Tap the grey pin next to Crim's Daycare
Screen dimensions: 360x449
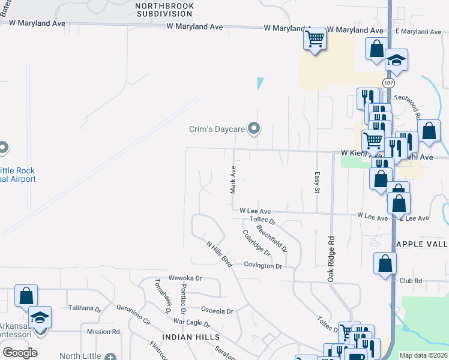255,128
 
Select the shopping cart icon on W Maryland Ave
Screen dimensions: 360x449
315,40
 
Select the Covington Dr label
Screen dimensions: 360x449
263,265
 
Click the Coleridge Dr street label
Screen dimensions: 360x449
257,244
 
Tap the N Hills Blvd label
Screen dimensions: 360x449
219,254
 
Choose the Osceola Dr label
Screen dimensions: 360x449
217,311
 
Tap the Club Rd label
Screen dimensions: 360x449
411,280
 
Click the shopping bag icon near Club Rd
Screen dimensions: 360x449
385,263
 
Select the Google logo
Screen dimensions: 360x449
20,352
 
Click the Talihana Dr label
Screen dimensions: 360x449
85,308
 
